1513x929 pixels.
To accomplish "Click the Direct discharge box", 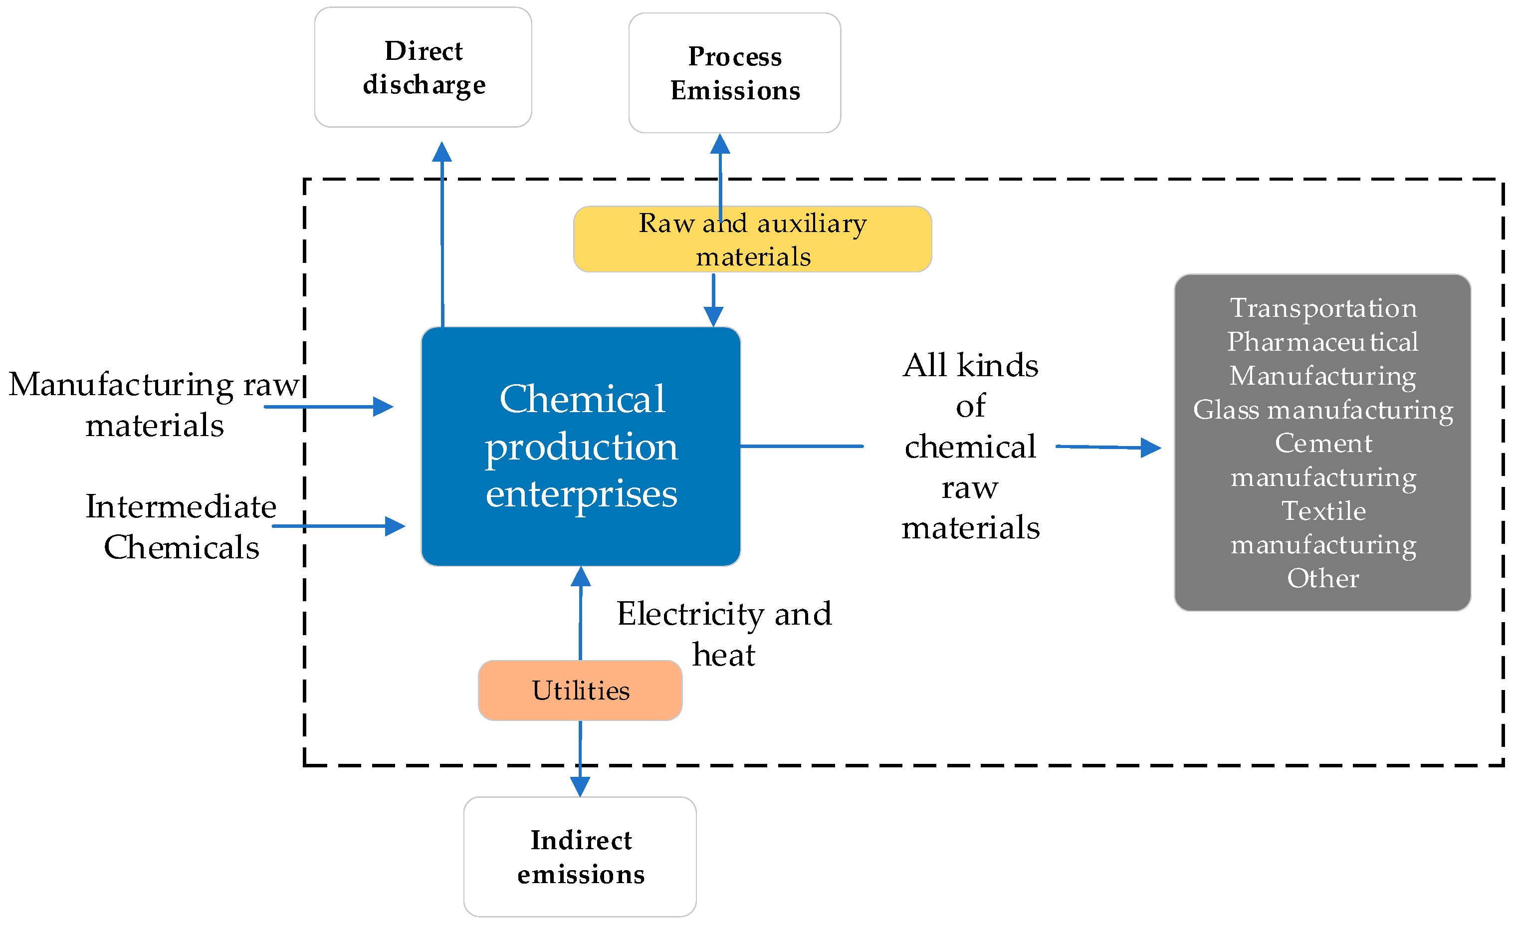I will pyautogui.click(x=423, y=67).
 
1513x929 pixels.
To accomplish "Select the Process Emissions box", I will pyautogui.click(x=734, y=73).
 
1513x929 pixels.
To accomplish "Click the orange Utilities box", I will pyautogui.click(x=580, y=690).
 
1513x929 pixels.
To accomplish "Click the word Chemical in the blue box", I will pyautogui.click(x=582, y=399).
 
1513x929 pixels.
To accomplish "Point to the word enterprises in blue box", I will pyautogui.click(x=581, y=493).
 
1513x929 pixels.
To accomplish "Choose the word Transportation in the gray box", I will pyautogui.click(x=1322, y=308).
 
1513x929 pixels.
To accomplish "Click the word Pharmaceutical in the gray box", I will pyautogui.click(x=1322, y=342).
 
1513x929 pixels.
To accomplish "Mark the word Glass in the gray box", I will pyautogui.click(x=1226, y=409).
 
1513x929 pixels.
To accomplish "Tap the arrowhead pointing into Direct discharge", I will pyautogui.click(x=441, y=152).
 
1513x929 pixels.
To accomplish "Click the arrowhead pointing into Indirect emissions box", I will pyautogui.click(x=580, y=786).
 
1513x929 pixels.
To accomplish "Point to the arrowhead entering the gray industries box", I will pyautogui.click(x=1150, y=448).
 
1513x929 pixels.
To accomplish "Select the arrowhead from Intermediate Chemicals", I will pyautogui.click(x=395, y=526).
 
